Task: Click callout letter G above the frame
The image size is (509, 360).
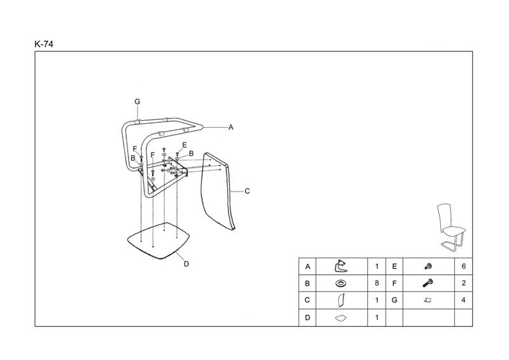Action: pyautogui.click(x=137, y=102)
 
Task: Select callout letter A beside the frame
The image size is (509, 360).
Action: pyautogui.click(x=231, y=127)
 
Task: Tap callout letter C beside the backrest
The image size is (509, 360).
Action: pyautogui.click(x=248, y=191)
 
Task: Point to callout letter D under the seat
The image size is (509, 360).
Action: pyautogui.click(x=186, y=264)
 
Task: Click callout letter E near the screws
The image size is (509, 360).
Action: pyautogui.click(x=185, y=145)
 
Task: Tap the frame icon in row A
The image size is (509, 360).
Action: pyautogui.click(x=342, y=266)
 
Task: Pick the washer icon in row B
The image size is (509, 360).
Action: pyautogui.click(x=342, y=283)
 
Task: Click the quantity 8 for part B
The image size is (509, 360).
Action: pyautogui.click(x=377, y=283)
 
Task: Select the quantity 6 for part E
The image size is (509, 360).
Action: pyautogui.click(x=463, y=266)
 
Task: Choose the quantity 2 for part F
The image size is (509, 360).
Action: pyautogui.click(x=463, y=283)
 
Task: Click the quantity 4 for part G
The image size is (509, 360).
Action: pyautogui.click(x=463, y=300)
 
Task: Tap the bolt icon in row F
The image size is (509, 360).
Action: pyautogui.click(x=428, y=283)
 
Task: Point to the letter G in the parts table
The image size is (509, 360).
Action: pyautogui.click(x=394, y=300)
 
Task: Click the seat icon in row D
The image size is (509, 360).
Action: pyautogui.click(x=342, y=317)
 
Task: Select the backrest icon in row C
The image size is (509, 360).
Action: pyautogui.click(x=342, y=300)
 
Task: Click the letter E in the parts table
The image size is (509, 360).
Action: pyautogui.click(x=394, y=266)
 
